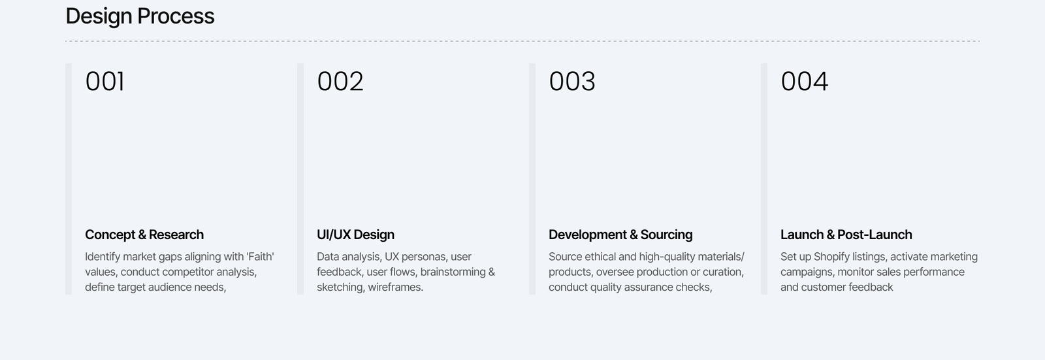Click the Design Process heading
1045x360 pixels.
click(x=140, y=16)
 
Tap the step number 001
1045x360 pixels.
click(x=104, y=82)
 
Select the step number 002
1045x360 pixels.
click(x=340, y=82)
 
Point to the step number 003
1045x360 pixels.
click(x=572, y=82)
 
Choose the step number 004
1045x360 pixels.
click(x=804, y=82)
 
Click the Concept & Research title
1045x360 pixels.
click(x=144, y=235)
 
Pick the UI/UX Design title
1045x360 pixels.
click(x=355, y=235)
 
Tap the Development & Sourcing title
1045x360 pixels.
click(x=620, y=235)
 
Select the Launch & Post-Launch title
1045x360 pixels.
click(x=846, y=235)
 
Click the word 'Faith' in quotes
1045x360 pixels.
click(x=260, y=257)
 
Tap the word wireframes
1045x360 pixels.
click(x=395, y=287)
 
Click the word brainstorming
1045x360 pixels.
click(x=453, y=272)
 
